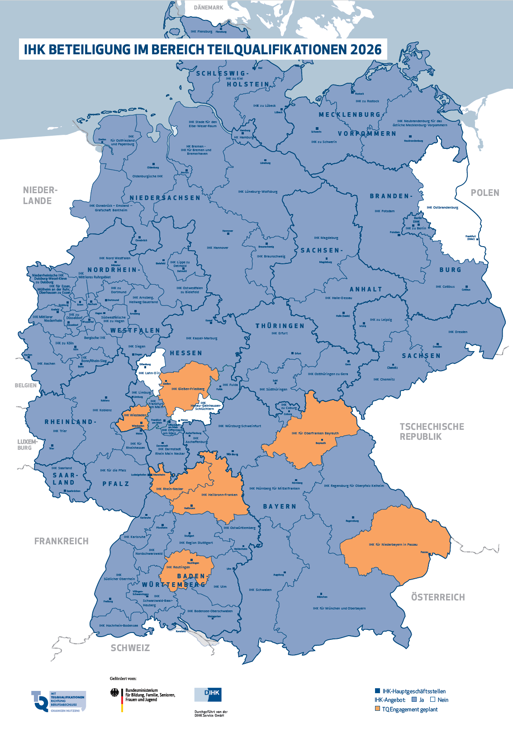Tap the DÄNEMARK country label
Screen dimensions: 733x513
coord(209,8)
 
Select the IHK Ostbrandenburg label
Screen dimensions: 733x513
coord(442,208)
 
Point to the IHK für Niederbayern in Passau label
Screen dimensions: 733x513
coord(393,545)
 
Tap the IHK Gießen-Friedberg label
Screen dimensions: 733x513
coord(188,389)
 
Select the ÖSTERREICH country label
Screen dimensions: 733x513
coord(437,597)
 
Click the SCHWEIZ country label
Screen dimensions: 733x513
coord(130,648)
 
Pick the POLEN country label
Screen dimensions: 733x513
coord(485,193)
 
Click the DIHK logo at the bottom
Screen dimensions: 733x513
coord(208,695)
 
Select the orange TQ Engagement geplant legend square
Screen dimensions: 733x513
coord(377,709)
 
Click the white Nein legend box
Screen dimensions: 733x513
coord(432,700)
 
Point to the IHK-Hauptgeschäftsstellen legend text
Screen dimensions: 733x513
coord(414,691)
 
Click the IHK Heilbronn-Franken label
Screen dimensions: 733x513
coord(219,495)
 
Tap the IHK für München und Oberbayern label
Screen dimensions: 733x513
coord(339,608)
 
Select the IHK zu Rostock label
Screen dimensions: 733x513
coord(367,101)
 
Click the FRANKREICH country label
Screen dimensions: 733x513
coord(62,541)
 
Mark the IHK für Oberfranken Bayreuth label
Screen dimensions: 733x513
coord(315,433)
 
